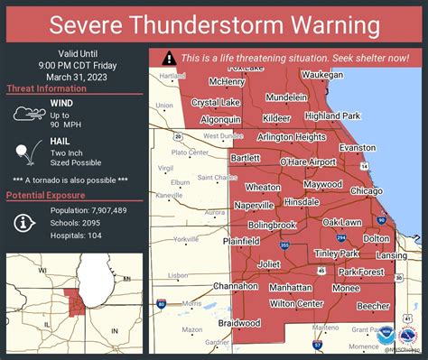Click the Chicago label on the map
tap(366, 191)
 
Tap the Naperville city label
tap(254, 206)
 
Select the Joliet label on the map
tap(269, 264)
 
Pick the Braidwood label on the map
tap(238, 322)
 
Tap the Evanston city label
tap(358, 147)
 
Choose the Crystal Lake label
tap(216, 102)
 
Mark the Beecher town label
tap(372, 306)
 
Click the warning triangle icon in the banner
tap(168, 57)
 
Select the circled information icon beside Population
tap(23, 222)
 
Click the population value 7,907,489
tap(105, 209)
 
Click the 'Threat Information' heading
tap(46, 88)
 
